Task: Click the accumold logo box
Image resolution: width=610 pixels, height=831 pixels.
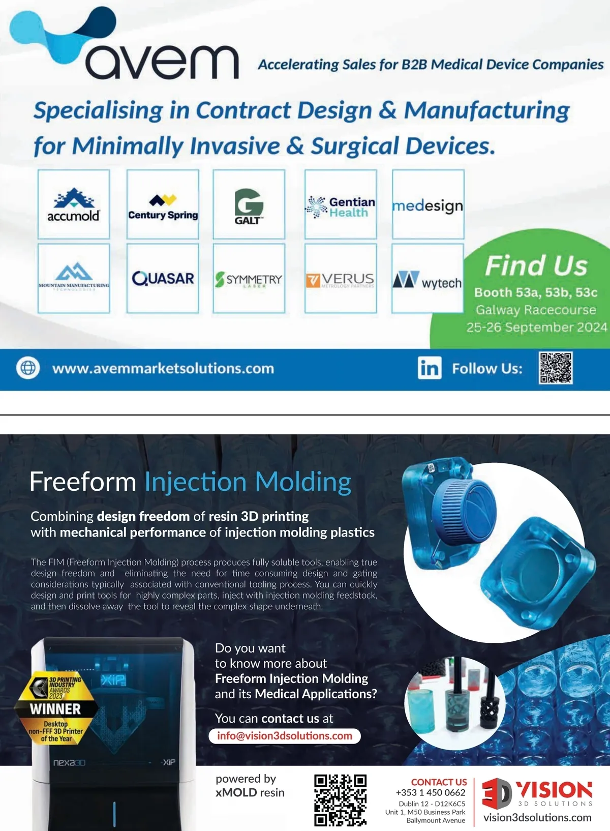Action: [74, 204]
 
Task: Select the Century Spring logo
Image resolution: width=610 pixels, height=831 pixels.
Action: [163, 204]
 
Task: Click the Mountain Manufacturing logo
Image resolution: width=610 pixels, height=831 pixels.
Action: [74, 278]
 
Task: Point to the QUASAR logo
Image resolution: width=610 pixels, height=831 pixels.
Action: [163, 278]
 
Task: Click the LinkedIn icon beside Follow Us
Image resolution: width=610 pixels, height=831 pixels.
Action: [430, 368]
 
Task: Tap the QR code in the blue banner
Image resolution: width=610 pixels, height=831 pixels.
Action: [556, 367]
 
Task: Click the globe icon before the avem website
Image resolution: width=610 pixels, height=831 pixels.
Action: [28, 368]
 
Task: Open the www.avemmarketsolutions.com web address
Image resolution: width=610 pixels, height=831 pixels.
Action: [163, 368]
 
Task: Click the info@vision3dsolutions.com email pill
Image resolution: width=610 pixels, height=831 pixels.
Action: [285, 736]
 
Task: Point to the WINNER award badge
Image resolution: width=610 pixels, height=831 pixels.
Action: [55, 708]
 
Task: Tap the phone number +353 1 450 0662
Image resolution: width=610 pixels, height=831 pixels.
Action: [431, 792]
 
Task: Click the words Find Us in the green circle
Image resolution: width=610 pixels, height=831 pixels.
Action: [536, 265]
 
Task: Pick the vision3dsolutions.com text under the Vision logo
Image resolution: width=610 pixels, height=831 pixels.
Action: [537, 818]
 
